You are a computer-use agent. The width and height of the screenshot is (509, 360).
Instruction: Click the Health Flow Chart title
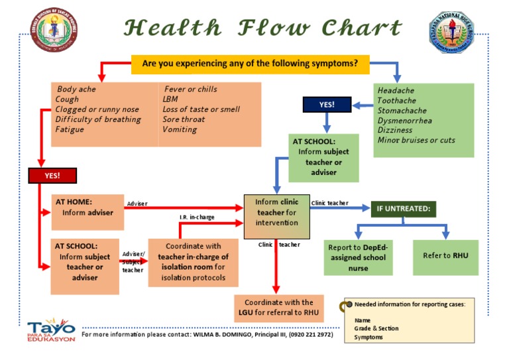[263, 28]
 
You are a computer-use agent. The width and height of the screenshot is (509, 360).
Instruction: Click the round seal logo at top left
[55, 32]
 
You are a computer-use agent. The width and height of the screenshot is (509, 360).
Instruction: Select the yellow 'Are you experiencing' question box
[251, 64]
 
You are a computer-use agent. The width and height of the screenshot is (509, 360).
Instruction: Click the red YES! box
[52, 176]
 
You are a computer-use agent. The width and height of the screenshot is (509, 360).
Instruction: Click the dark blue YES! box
[327, 105]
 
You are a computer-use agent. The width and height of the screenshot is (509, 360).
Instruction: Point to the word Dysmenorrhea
[404, 121]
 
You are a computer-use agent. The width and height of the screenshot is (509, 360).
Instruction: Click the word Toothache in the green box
[396, 101]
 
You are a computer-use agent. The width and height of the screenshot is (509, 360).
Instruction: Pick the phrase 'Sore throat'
[180, 119]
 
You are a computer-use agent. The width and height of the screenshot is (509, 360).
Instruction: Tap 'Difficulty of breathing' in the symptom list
[98, 119]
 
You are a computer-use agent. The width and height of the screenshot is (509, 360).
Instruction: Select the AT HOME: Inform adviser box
[87, 212]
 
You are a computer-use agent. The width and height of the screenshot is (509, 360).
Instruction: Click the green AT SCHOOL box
[323, 158]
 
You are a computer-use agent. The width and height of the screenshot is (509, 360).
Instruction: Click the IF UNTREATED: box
[403, 210]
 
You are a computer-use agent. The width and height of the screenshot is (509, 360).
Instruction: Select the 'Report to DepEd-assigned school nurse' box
[358, 258]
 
